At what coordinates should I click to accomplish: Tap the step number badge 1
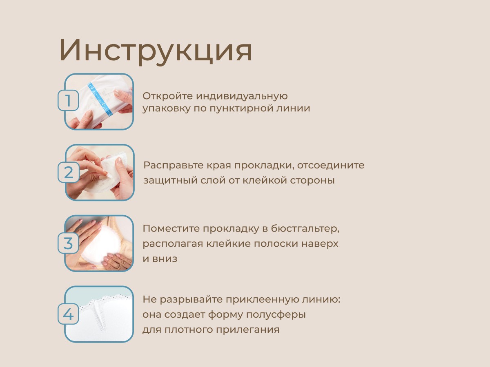(x=68, y=100)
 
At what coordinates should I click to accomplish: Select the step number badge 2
(x=69, y=172)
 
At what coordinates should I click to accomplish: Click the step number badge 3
(x=68, y=243)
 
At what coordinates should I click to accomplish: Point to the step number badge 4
(x=68, y=314)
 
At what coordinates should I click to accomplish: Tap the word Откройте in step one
(x=168, y=96)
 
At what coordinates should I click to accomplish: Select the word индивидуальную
(x=242, y=96)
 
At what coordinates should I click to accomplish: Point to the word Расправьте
(x=173, y=166)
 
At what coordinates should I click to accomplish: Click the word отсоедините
(x=331, y=165)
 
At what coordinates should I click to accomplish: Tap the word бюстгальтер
(x=305, y=229)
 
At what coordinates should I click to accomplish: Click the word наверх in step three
(x=320, y=244)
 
